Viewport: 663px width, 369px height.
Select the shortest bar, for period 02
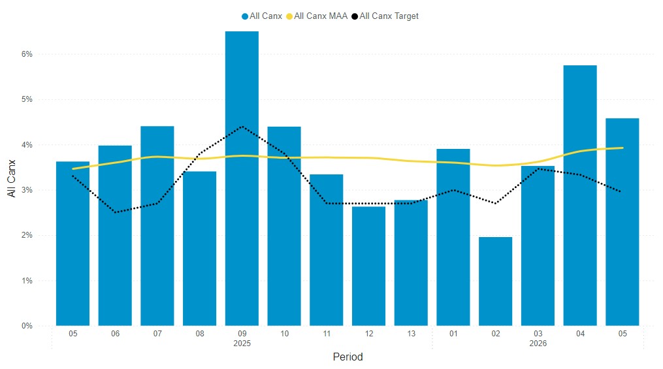495,281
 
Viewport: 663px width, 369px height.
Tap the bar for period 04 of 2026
580,195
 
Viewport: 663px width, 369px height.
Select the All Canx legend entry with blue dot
262,16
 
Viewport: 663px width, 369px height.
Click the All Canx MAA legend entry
320,16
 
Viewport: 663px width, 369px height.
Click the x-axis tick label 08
199,334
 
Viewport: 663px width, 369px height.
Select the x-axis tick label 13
411,334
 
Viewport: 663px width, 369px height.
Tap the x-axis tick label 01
453,334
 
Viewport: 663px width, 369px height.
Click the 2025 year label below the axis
242,343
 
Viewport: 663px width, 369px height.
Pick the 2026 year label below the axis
538,343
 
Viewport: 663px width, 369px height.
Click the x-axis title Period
348,357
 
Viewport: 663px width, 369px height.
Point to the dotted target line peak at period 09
242,127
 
